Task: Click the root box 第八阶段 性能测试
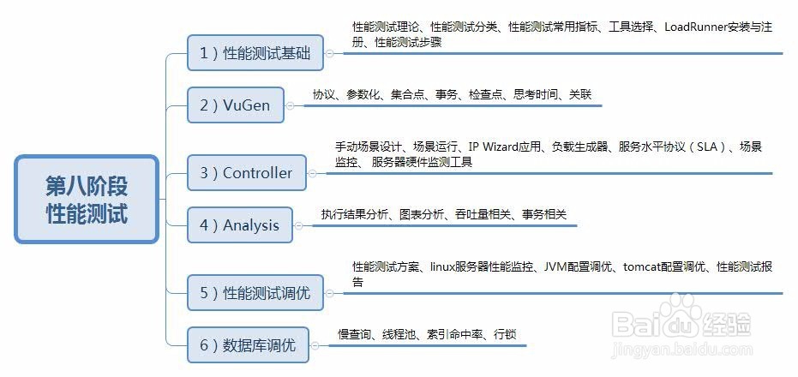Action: click(x=87, y=200)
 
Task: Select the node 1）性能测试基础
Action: click(x=255, y=52)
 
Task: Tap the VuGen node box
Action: click(x=236, y=105)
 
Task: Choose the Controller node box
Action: click(x=247, y=173)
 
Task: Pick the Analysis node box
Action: click(x=240, y=224)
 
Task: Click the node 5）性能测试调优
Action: click(x=255, y=292)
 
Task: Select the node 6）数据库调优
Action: click(x=249, y=345)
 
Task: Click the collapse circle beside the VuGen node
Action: click(x=290, y=106)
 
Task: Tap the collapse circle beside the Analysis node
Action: click(x=299, y=226)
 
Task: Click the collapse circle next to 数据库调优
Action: click(x=315, y=346)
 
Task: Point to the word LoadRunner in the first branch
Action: click(x=696, y=27)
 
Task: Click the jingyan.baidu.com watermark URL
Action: click(x=682, y=350)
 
